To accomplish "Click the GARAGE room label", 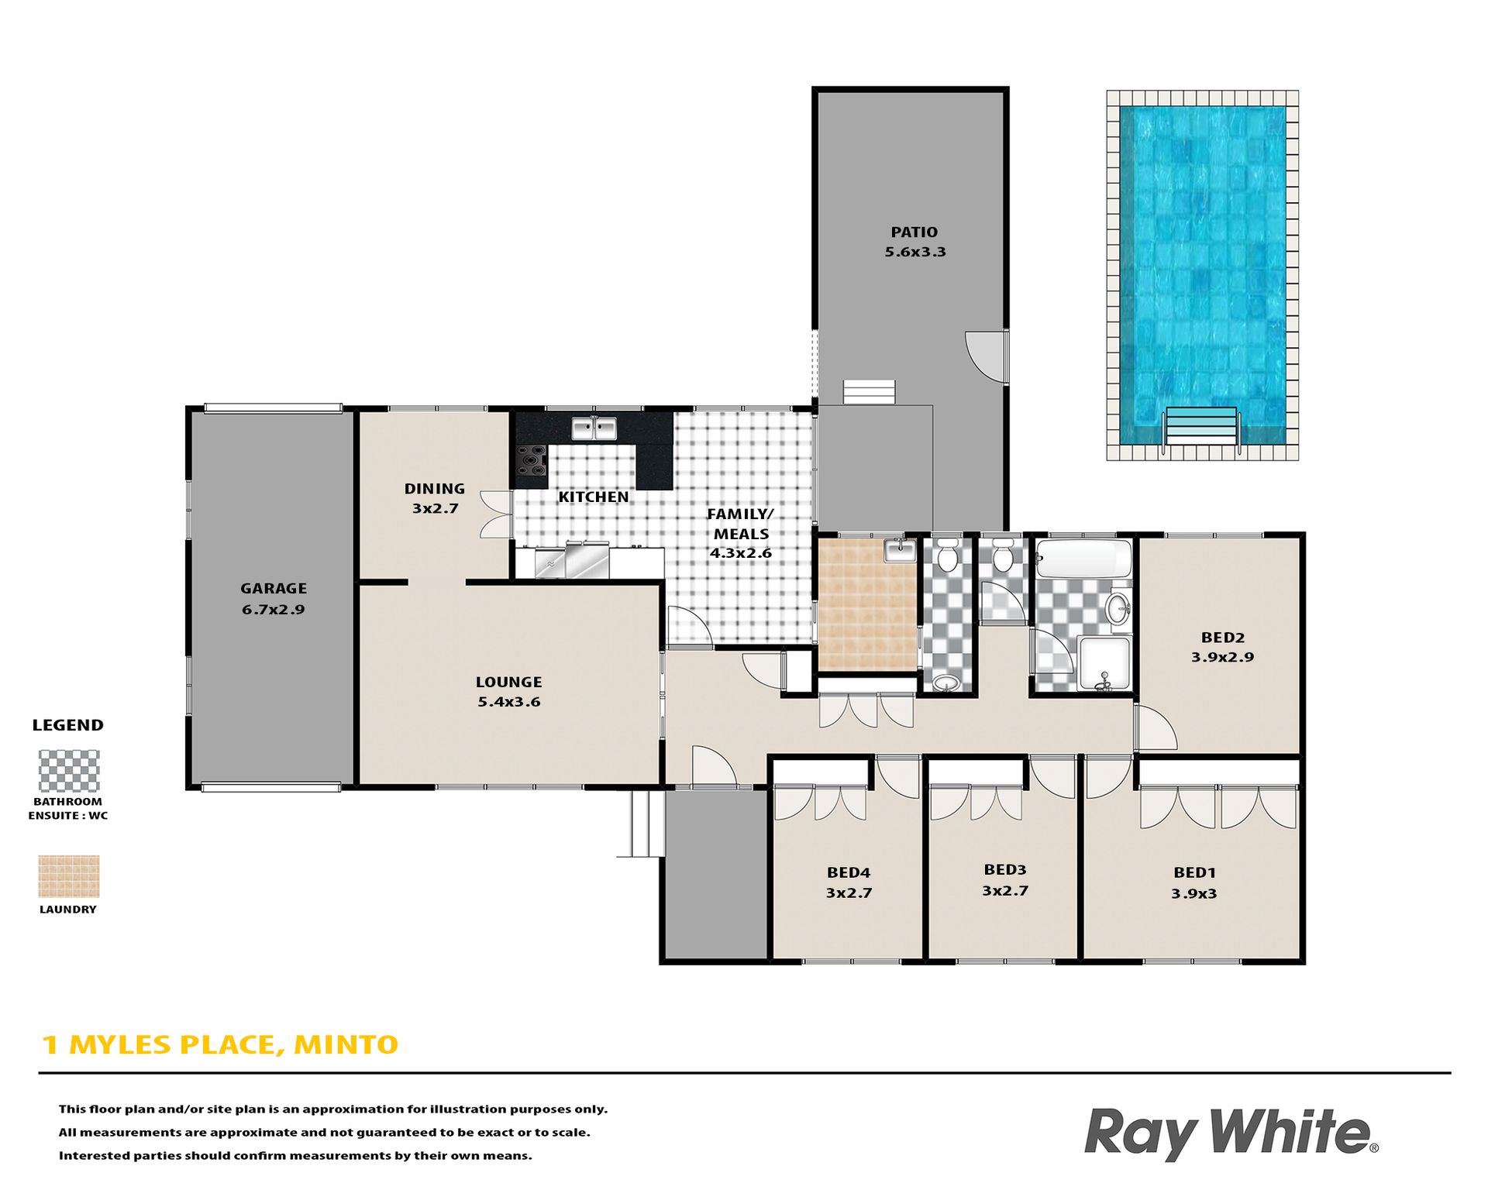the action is coord(274,589).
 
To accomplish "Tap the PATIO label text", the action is coord(914,232).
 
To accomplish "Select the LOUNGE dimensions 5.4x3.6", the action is coord(509,702).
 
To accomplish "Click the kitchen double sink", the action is coord(594,428).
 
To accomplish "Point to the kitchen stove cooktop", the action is coord(532,459).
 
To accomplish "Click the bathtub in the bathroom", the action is coord(1083,559).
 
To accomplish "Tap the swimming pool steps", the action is coord(1200,425).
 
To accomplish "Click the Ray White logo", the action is coord(1231,1133).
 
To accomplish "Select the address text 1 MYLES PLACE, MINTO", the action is coord(220,1045).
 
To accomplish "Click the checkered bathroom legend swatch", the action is coord(69,770).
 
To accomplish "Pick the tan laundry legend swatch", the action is coord(69,876).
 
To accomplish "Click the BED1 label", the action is coord(1194,873).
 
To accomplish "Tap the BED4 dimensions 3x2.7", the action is coord(849,893).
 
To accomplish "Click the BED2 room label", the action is coord(1223,638).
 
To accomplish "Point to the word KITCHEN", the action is coord(594,497).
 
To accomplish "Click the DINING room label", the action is coord(435,489).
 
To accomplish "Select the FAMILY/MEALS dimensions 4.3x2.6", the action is coord(741,553).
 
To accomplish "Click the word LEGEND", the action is coord(68,726).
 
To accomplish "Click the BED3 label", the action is coord(1005,870).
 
